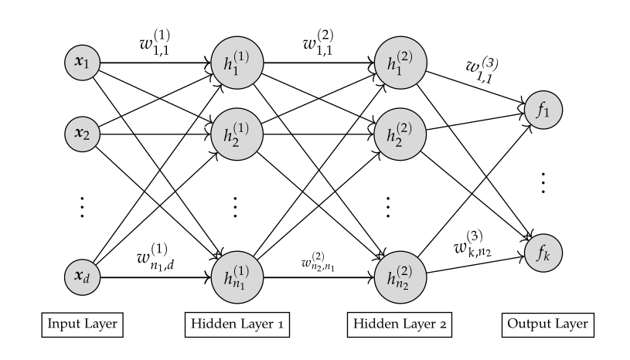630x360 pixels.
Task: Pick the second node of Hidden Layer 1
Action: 237,132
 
